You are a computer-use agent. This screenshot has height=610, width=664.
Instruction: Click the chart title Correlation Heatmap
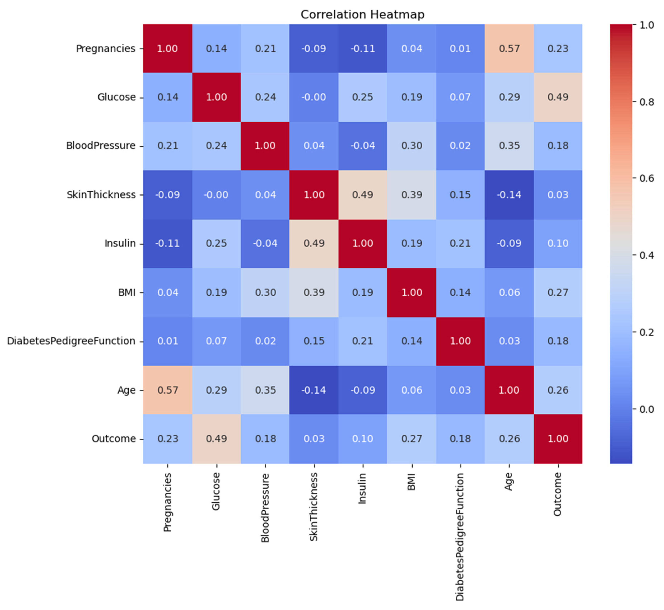pos(362,15)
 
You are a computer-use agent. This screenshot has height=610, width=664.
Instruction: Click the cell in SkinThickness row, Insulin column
pos(362,195)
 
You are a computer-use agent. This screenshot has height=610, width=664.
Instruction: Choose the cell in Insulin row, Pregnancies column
pos(168,243)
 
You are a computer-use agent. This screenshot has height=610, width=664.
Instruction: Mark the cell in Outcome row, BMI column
pos(411,439)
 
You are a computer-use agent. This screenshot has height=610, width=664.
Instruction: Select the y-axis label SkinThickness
pos(101,195)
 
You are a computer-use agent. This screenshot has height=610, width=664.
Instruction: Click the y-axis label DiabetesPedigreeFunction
pos(71,341)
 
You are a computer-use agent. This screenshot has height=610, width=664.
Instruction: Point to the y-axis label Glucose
pos(116,97)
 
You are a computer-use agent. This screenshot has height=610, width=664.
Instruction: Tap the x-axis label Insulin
pos(362,488)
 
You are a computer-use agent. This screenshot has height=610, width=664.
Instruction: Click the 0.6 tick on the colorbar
pos(646,178)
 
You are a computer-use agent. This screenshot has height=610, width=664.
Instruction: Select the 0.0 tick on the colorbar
pos(646,409)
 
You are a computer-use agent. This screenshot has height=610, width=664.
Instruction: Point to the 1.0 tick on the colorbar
pos(646,25)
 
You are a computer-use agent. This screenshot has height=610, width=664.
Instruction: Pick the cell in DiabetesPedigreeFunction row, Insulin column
pos(362,341)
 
